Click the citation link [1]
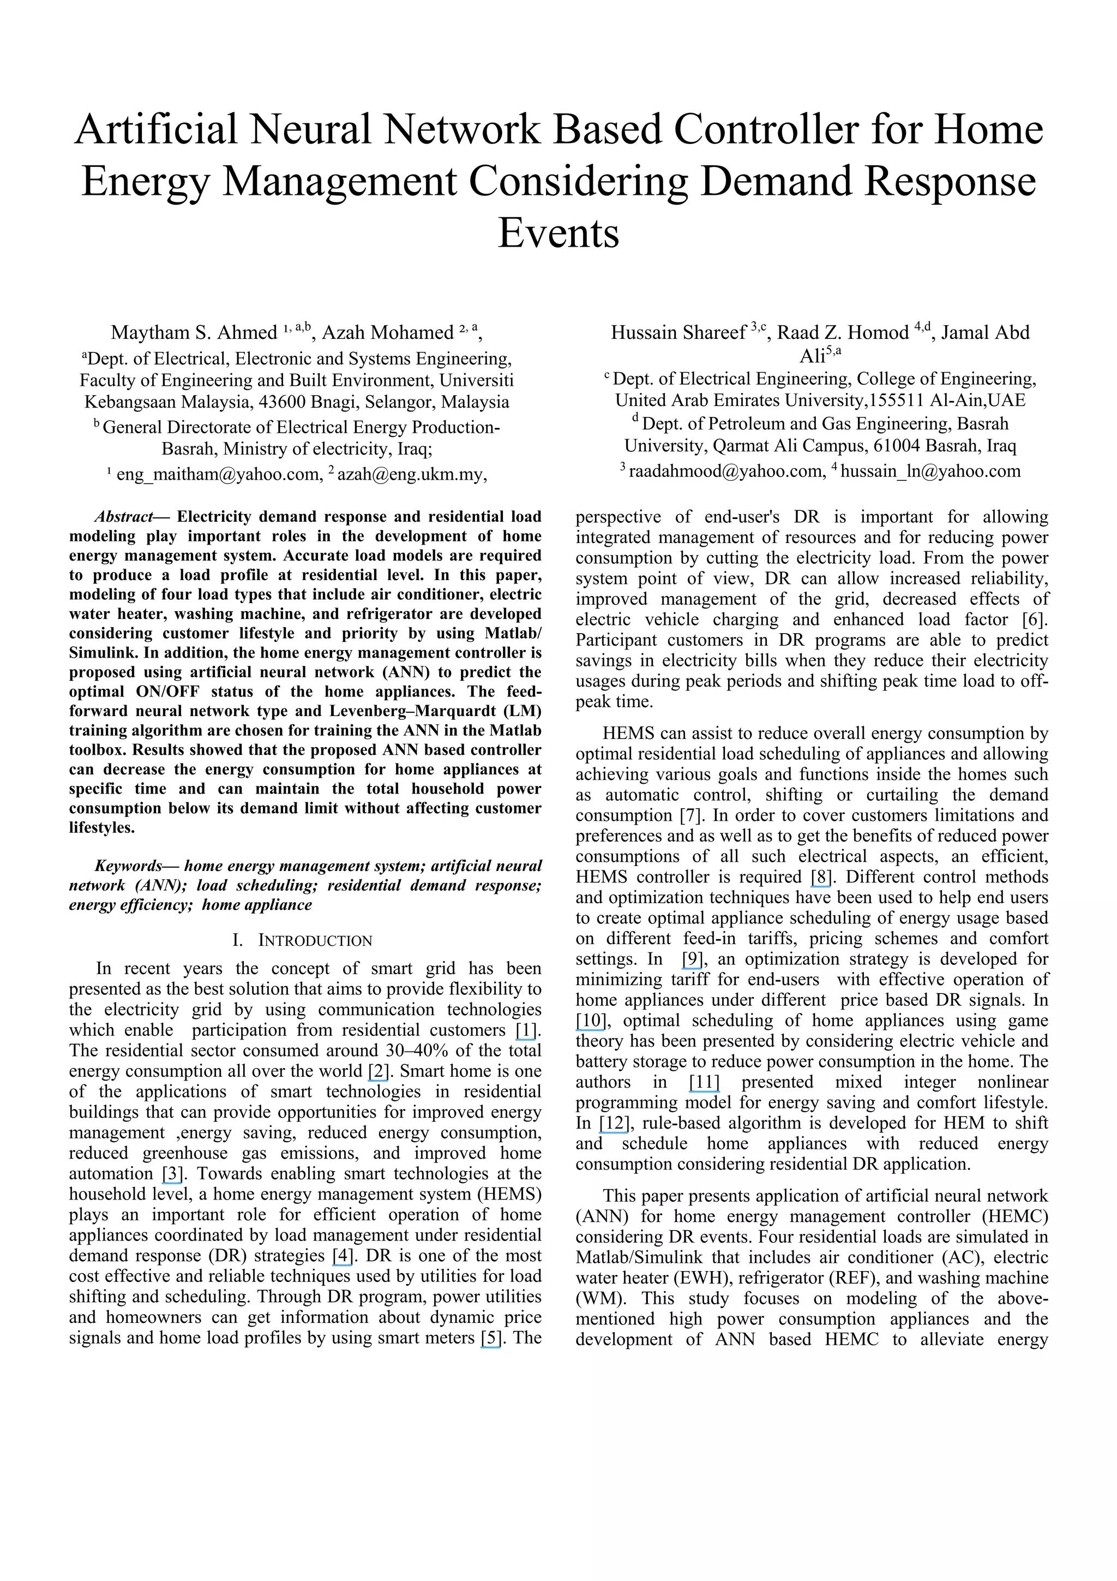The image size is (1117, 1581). [526, 1030]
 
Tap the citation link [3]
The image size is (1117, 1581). [172, 1173]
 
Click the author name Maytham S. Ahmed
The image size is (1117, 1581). [194, 333]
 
